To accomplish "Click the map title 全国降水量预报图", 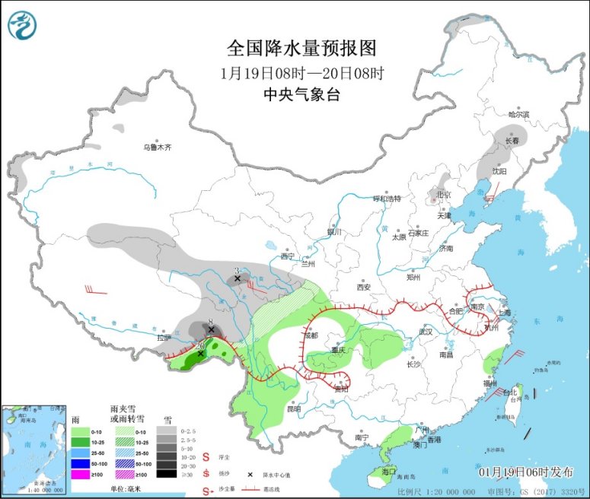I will pyautogui.click(x=301, y=49).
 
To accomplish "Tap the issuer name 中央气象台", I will pyautogui.click(x=301, y=94).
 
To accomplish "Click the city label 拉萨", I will pyautogui.click(x=164, y=337).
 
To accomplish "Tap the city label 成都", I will pyautogui.click(x=310, y=335).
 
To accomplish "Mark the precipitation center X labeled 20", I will pyautogui.click(x=200, y=354).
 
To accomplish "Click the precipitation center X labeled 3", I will pyautogui.click(x=238, y=279).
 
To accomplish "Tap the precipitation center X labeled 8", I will pyautogui.click(x=211, y=330).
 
